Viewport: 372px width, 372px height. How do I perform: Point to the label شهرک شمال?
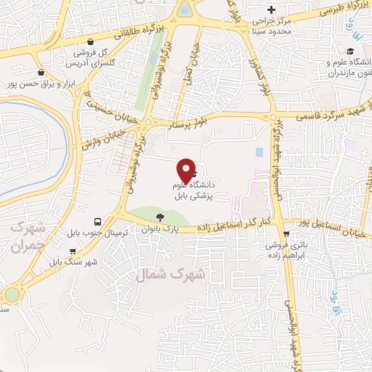point(179,275)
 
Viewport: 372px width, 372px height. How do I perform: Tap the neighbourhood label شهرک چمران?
point(28,237)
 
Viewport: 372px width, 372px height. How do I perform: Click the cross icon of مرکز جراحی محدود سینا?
point(271,10)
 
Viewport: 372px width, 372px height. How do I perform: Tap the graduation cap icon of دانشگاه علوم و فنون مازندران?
point(350,52)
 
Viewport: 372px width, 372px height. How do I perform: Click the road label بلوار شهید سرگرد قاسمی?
point(325,114)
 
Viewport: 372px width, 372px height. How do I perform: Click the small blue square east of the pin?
point(259,153)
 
